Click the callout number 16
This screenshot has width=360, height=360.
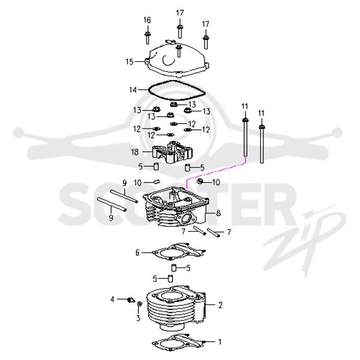click(x=147, y=20)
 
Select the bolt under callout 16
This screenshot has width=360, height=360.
click(x=147, y=38)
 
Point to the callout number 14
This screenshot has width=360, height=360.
click(x=133, y=90)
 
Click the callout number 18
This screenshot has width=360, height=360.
click(x=135, y=152)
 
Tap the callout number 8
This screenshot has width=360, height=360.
click(x=218, y=213)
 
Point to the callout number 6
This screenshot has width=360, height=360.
click(x=137, y=253)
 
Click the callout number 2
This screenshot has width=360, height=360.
click(x=220, y=305)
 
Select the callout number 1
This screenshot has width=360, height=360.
click(x=220, y=342)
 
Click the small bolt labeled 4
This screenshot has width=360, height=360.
click(x=131, y=300)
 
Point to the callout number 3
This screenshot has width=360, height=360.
click(x=138, y=318)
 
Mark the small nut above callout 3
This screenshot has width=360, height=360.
click(x=139, y=304)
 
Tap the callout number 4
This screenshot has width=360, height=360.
click(x=112, y=299)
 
